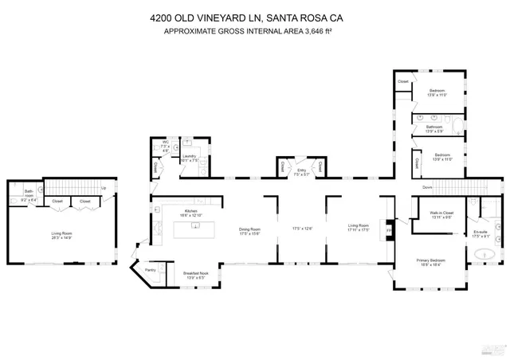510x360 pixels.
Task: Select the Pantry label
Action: (151, 269)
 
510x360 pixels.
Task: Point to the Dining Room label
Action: (249, 231)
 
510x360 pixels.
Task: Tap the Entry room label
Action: (300, 170)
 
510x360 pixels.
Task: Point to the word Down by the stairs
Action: (427, 188)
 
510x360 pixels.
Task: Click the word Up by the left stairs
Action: (104, 188)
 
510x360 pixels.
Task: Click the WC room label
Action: (165, 143)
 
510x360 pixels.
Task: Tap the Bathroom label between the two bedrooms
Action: (433, 127)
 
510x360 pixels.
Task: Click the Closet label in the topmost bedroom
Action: (402, 81)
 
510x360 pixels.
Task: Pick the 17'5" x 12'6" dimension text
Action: (301, 229)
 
